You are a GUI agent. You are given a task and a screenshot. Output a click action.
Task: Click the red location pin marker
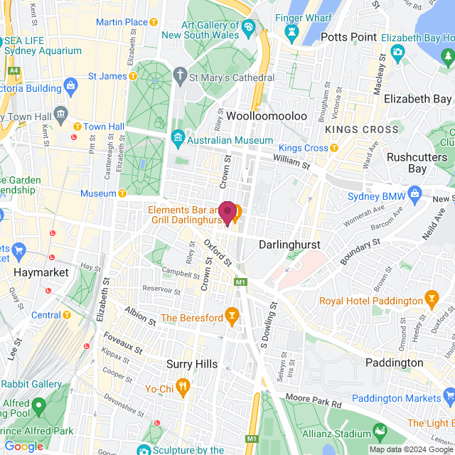[227, 213]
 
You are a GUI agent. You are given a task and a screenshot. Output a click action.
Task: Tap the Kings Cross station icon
[334, 148]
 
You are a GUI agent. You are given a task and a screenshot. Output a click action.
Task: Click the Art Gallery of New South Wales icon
[248, 28]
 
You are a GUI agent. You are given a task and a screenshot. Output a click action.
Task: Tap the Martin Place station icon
[154, 22]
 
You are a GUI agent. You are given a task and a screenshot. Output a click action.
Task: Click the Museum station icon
[123, 193]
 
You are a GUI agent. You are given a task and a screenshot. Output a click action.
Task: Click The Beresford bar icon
[230, 314]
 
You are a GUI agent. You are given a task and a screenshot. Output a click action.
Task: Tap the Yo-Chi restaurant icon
[183, 387]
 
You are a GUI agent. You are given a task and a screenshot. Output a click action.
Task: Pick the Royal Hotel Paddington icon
[430, 296]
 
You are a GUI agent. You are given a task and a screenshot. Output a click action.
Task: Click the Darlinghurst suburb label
[289, 245]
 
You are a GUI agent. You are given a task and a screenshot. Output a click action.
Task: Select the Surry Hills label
[191, 364]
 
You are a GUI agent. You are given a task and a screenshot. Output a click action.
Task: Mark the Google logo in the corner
[23, 446]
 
